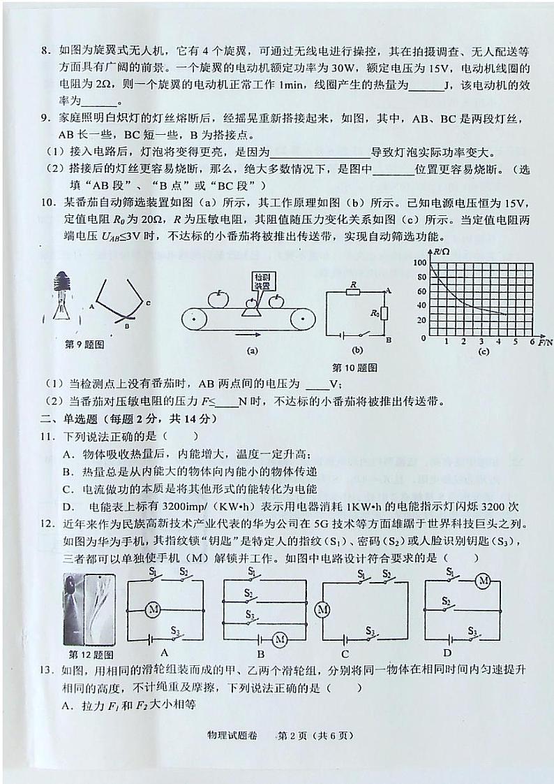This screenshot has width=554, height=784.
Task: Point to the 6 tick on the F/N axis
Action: coord(532,342)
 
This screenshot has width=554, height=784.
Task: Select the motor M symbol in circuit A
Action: coord(153,609)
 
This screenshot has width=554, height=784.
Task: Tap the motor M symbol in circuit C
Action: coord(322,609)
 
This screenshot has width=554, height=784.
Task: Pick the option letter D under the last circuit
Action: coord(463,654)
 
